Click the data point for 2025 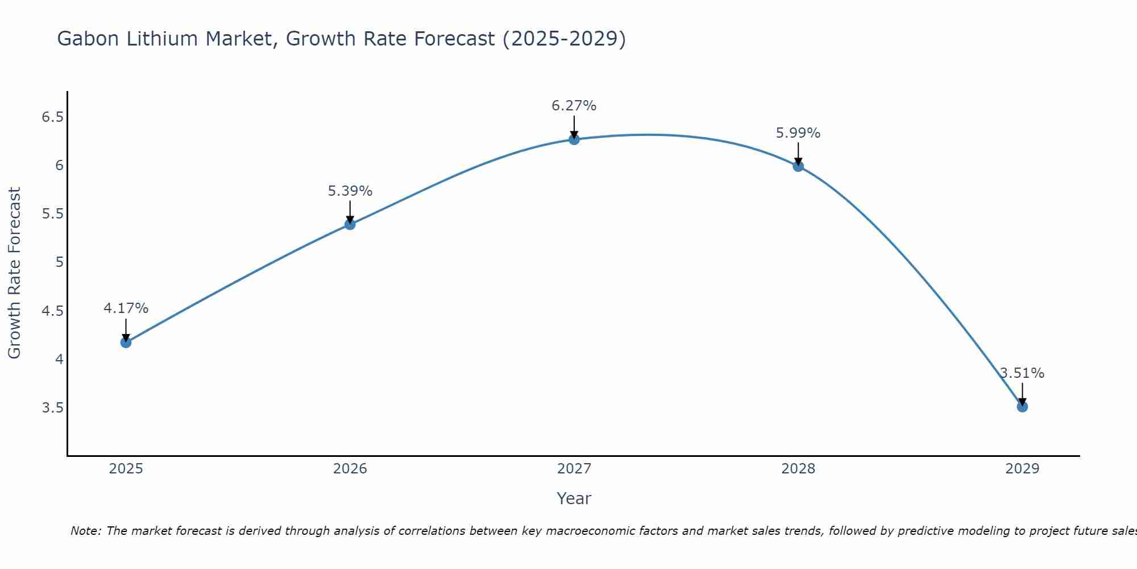pos(126,342)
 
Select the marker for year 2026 pos(350,224)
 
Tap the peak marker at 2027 pos(574,139)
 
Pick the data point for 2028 pos(798,166)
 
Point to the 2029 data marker pos(1022,406)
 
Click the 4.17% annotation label pos(126,308)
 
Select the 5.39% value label pos(350,191)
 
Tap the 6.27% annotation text pos(574,106)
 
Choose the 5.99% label pos(798,133)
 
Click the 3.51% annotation pos(1022,373)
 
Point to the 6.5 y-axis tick pos(52,117)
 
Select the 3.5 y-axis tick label pos(52,408)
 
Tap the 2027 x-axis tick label pos(574,469)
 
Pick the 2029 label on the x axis pos(1022,469)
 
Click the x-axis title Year pos(574,498)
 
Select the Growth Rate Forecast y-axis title pos(14,273)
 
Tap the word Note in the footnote pos(85,531)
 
